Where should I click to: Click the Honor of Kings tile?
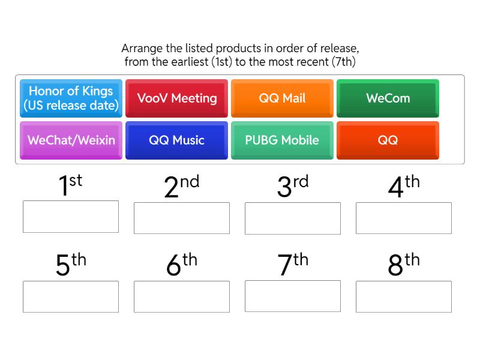pyautogui.click(x=71, y=98)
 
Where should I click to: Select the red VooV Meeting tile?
pyautogui.click(x=176, y=98)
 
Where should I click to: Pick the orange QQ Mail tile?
pyautogui.click(x=282, y=98)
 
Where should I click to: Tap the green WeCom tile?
pyautogui.click(x=388, y=98)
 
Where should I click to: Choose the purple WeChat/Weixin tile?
pyautogui.click(x=71, y=140)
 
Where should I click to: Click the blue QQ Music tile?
pyautogui.click(x=176, y=140)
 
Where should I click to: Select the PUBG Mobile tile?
pyautogui.click(x=282, y=140)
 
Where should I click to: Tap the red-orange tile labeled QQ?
pyautogui.click(x=388, y=140)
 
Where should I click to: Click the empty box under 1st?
pyautogui.click(x=71, y=217)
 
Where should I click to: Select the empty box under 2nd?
pyautogui.click(x=182, y=218)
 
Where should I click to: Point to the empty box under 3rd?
pyautogui.click(x=293, y=218)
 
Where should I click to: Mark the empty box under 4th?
pyautogui.click(x=404, y=218)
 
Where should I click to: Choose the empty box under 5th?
pyautogui.click(x=71, y=296)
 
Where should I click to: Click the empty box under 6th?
pyautogui.click(x=182, y=296)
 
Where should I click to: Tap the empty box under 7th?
pyautogui.click(x=293, y=296)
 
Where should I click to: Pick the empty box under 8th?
pyautogui.click(x=404, y=296)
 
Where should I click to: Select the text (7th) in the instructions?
pyautogui.click(x=344, y=61)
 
